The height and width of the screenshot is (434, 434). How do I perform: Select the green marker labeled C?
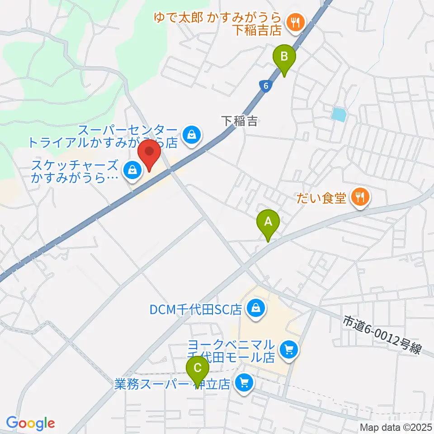tap(198, 368)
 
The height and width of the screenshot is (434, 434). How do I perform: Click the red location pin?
tap(149, 154)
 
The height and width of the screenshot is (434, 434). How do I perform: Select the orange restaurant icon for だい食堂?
tap(360, 197)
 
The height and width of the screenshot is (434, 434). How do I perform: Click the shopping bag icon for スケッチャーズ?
tap(132, 170)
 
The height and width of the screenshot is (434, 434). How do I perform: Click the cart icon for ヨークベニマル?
tap(288, 349)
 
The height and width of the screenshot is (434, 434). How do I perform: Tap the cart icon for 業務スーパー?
tap(244, 384)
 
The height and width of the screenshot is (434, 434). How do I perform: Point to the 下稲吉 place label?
tap(240, 121)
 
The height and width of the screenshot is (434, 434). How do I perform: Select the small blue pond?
tap(338, 114)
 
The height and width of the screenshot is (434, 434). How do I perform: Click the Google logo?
tap(30, 423)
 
